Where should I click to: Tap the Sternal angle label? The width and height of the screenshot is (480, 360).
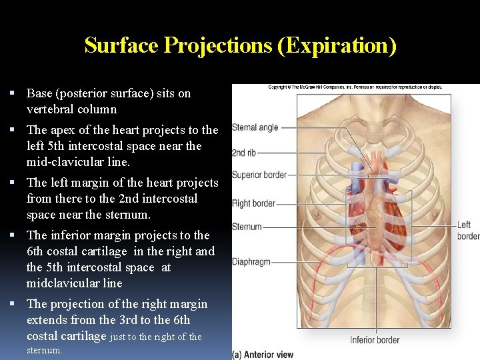pos(255,127)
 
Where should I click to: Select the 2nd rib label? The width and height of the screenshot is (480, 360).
pos(243,152)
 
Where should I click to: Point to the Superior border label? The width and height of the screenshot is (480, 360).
pos(259,175)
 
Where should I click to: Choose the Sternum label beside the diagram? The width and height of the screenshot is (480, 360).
pos(247,227)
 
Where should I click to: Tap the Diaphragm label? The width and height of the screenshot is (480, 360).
pos(251,262)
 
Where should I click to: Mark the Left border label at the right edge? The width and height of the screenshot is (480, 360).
pos(467,231)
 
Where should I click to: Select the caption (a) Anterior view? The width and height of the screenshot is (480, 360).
pos(263,355)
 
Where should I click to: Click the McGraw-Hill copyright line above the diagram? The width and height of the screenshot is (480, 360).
pos(355,87)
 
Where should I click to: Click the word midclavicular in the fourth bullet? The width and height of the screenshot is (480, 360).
pos(74,283)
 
